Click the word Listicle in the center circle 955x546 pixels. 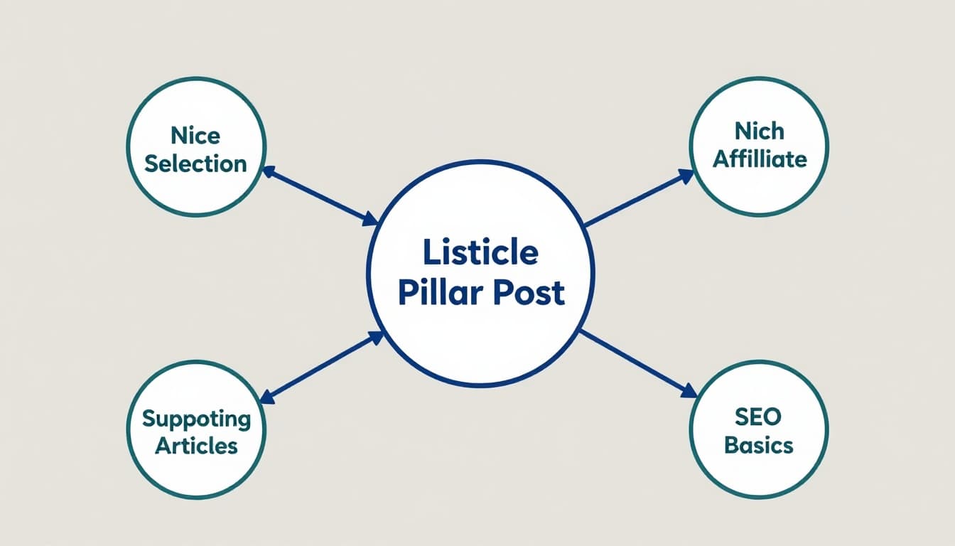tap(480, 252)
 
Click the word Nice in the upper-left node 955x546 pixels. tap(195, 135)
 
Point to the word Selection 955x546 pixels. tap(195, 164)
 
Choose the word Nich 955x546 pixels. tap(759, 131)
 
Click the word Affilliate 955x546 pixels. tap(759, 159)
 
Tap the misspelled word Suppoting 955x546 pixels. tap(196, 418)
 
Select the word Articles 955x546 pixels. tap(196, 446)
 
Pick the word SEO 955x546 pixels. tap(758, 417)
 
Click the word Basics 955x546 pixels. tap(758, 445)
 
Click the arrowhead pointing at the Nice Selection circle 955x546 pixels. tap(268, 171)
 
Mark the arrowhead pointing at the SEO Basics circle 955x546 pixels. tap(689, 391)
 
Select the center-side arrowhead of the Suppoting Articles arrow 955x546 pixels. tap(375, 337)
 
